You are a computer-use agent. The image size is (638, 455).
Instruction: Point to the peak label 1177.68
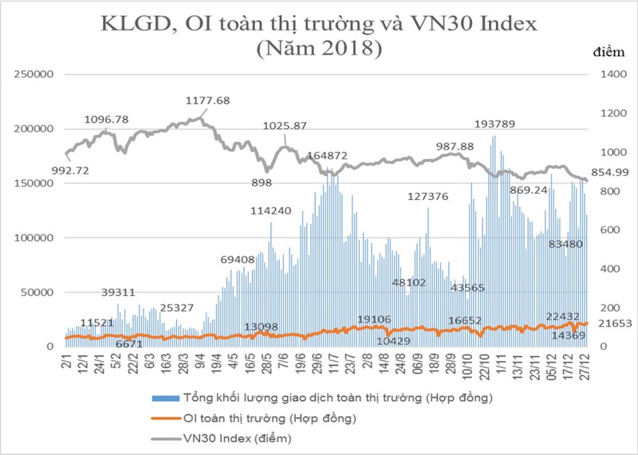pyautogui.click(x=207, y=101)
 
